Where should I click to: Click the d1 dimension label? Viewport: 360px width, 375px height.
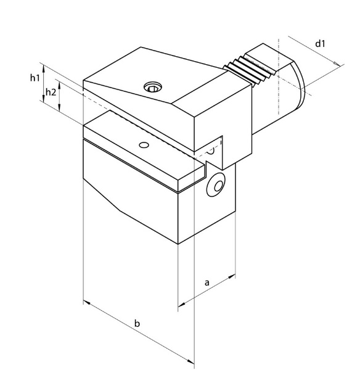point(320,44)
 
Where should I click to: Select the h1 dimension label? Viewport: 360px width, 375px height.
point(35,78)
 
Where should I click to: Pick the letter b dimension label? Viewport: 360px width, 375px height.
point(137,323)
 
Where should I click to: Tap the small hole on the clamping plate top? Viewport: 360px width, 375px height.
point(143,145)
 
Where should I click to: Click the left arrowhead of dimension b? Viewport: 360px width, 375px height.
point(86,303)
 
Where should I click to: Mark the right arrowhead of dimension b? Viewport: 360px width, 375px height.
point(191,361)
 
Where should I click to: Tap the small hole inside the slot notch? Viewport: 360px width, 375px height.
point(211,150)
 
